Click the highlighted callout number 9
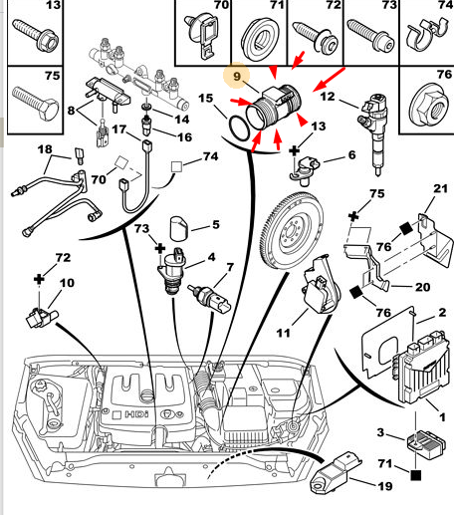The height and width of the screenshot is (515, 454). pos(237,77)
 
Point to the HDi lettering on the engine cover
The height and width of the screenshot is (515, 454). pos(136,414)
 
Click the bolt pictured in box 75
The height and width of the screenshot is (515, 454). pos(35,104)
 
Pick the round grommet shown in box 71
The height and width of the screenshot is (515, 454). pos(259,37)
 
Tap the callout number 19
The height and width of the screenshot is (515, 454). pos(385,486)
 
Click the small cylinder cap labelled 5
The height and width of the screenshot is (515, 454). pos(178,228)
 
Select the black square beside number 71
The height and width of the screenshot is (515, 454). pos(416,475)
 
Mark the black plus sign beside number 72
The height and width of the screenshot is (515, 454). pos(39,279)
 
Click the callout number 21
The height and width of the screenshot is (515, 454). pos(440,188)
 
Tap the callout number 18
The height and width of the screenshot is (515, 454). pos(45,149)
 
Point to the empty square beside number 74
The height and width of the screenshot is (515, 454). pos(176,166)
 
